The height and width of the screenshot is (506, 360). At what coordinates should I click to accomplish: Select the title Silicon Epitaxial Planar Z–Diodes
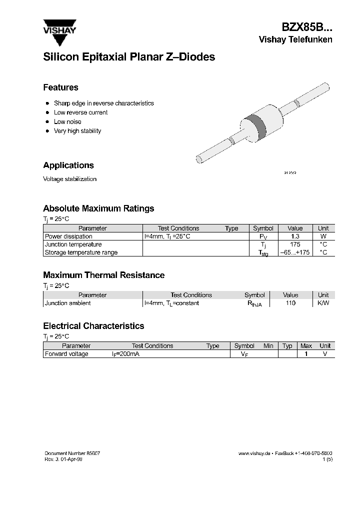(129, 57)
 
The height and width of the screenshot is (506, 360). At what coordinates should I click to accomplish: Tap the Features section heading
(60, 87)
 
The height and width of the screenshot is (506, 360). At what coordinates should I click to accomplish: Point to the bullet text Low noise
(67, 121)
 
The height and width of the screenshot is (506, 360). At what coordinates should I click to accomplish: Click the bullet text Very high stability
(77, 131)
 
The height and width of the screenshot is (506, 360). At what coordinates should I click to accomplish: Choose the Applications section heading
(68, 165)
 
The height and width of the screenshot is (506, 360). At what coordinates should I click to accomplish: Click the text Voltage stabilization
(69, 179)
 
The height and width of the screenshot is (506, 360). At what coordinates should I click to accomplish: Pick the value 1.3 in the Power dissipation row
(295, 236)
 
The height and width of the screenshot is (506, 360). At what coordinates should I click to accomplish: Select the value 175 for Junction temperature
(295, 244)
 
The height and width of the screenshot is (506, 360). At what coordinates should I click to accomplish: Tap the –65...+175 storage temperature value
(295, 252)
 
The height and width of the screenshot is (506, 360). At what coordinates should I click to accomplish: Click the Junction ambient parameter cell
(68, 303)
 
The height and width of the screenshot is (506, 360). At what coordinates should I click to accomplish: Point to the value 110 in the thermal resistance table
(290, 303)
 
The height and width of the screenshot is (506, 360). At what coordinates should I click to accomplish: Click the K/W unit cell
(323, 303)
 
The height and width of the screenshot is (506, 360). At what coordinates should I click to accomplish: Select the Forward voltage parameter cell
(66, 354)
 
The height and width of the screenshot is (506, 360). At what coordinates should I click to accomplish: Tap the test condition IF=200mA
(125, 354)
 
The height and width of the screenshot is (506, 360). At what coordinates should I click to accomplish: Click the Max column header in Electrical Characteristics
(306, 346)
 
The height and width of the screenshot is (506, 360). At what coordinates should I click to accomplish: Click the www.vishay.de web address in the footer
(254, 453)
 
